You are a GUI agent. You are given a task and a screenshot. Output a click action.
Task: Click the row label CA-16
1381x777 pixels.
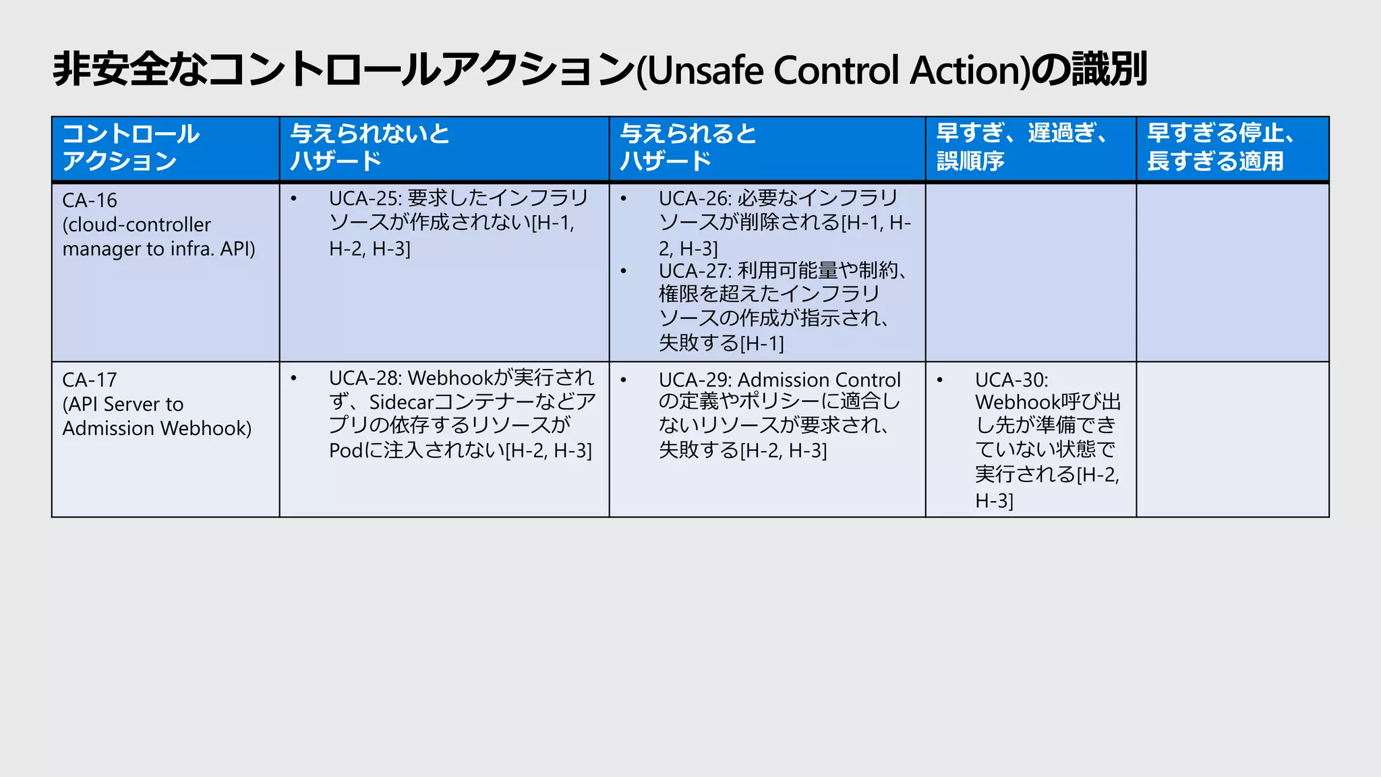coord(90,200)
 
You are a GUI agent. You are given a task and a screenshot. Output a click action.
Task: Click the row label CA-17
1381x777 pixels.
coord(90,380)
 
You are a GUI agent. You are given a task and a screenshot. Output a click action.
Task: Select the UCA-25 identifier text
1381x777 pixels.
coord(365,198)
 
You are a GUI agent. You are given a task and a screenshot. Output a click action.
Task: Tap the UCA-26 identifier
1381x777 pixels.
coord(695,198)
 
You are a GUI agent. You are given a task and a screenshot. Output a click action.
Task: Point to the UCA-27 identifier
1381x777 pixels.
coord(695,270)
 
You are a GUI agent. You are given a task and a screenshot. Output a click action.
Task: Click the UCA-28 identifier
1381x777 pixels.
coord(365,378)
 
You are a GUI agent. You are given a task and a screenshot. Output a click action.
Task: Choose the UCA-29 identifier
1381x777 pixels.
coord(695,380)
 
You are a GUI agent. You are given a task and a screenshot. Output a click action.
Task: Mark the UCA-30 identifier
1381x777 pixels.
coord(1011,380)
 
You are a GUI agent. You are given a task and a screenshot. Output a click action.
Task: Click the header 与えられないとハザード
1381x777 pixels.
coord(370,147)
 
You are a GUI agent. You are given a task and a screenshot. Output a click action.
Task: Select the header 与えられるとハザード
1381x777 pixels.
coord(688,147)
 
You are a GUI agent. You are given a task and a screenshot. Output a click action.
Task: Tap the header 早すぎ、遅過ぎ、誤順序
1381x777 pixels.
coord(1022,147)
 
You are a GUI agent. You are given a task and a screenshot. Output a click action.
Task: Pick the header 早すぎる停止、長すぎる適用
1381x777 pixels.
coord(1221,147)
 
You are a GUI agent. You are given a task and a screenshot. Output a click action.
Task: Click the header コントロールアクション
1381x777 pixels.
coord(131,147)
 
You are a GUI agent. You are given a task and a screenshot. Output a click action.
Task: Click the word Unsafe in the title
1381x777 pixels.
coord(707,70)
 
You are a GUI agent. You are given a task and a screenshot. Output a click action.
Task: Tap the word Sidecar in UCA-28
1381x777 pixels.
coord(401,403)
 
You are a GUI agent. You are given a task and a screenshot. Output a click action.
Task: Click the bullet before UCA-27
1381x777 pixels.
coord(624,271)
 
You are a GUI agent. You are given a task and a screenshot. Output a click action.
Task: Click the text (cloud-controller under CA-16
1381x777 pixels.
coord(137,225)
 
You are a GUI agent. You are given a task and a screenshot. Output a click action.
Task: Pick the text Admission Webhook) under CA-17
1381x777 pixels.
coord(157,428)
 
